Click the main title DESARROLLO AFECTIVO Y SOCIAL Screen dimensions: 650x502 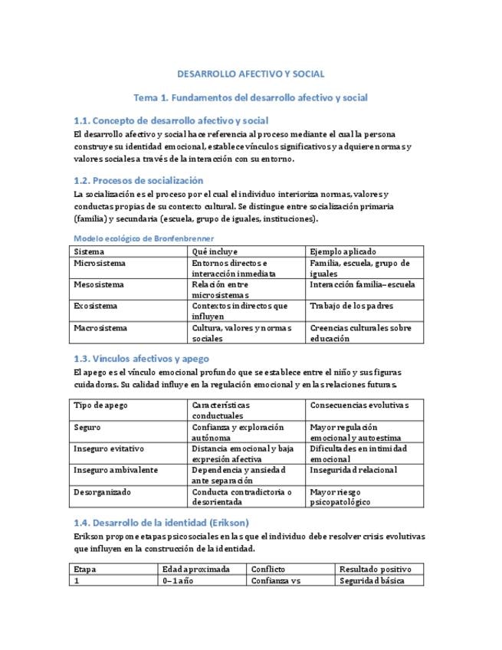[x=251, y=74]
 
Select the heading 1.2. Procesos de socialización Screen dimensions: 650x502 [x=138, y=180]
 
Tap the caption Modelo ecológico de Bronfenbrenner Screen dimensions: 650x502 [x=143, y=238]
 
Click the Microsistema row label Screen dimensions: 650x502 [x=100, y=263]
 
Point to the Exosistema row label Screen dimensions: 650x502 [x=96, y=306]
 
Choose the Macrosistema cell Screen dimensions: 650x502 [x=100, y=327]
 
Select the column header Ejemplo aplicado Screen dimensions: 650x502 [x=343, y=251]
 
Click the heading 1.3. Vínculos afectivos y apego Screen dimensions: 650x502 [x=141, y=358]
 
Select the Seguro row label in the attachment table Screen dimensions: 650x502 [x=87, y=427]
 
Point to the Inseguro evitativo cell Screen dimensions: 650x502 [x=109, y=448]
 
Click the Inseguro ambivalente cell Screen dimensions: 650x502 [x=115, y=470]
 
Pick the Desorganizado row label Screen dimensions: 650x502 [x=103, y=491]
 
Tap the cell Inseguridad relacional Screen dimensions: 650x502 [x=353, y=470]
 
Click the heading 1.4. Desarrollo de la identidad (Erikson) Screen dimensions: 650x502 [x=161, y=522]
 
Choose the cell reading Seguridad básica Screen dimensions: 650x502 [x=371, y=580]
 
